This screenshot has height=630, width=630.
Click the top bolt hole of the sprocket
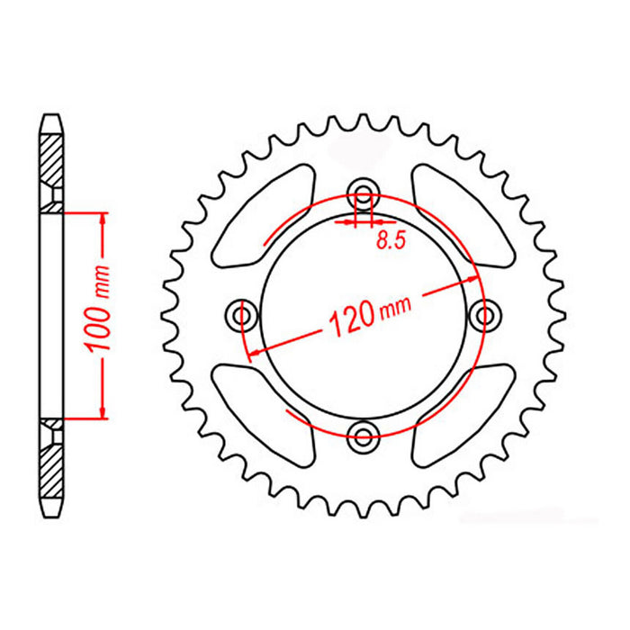[x=364, y=191]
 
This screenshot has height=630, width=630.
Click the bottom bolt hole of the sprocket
[x=364, y=438]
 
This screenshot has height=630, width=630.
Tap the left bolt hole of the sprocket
[x=241, y=315]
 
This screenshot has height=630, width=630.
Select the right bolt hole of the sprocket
[x=488, y=315]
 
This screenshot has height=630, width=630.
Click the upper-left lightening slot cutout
[x=261, y=216]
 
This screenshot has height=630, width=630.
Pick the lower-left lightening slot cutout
[x=261, y=409]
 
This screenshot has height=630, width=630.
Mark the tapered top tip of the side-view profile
[x=53, y=117]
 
